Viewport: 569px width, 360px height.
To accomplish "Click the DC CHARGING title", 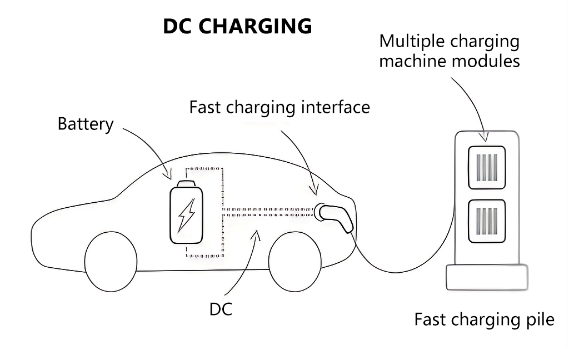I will [x=237, y=26].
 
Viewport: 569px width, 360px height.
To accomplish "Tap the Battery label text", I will [x=85, y=124].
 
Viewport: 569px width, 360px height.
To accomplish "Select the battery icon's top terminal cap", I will [x=186, y=184].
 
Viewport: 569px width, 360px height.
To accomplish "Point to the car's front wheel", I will [x=111, y=261].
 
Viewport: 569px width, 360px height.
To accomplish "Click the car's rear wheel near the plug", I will [x=295, y=261].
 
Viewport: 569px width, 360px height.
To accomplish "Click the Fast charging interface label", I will [x=279, y=107].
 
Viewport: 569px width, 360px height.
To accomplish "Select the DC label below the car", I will [x=221, y=310].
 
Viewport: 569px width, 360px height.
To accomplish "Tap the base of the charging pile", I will [x=487, y=277].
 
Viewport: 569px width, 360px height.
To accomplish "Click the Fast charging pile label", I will [x=484, y=320].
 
